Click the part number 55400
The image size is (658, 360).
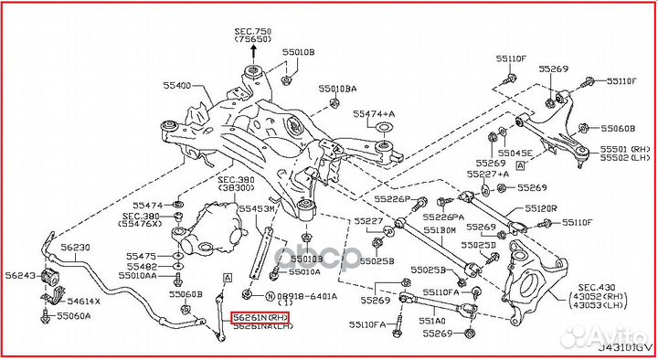[x=176, y=86]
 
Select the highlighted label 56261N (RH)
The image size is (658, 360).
[x=260, y=317]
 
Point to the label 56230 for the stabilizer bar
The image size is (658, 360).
[x=75, y=248]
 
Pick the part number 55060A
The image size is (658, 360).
[x=73, y=316]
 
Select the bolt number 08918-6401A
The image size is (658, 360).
[x=308, y=296]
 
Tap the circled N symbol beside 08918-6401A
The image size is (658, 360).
[x=271, y=296]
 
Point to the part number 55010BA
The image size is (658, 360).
[x=337, y=89]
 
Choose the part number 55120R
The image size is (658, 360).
[x=541, y=208]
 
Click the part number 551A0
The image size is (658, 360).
[x=432, y=321]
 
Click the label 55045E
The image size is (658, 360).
[x=514, y=154]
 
